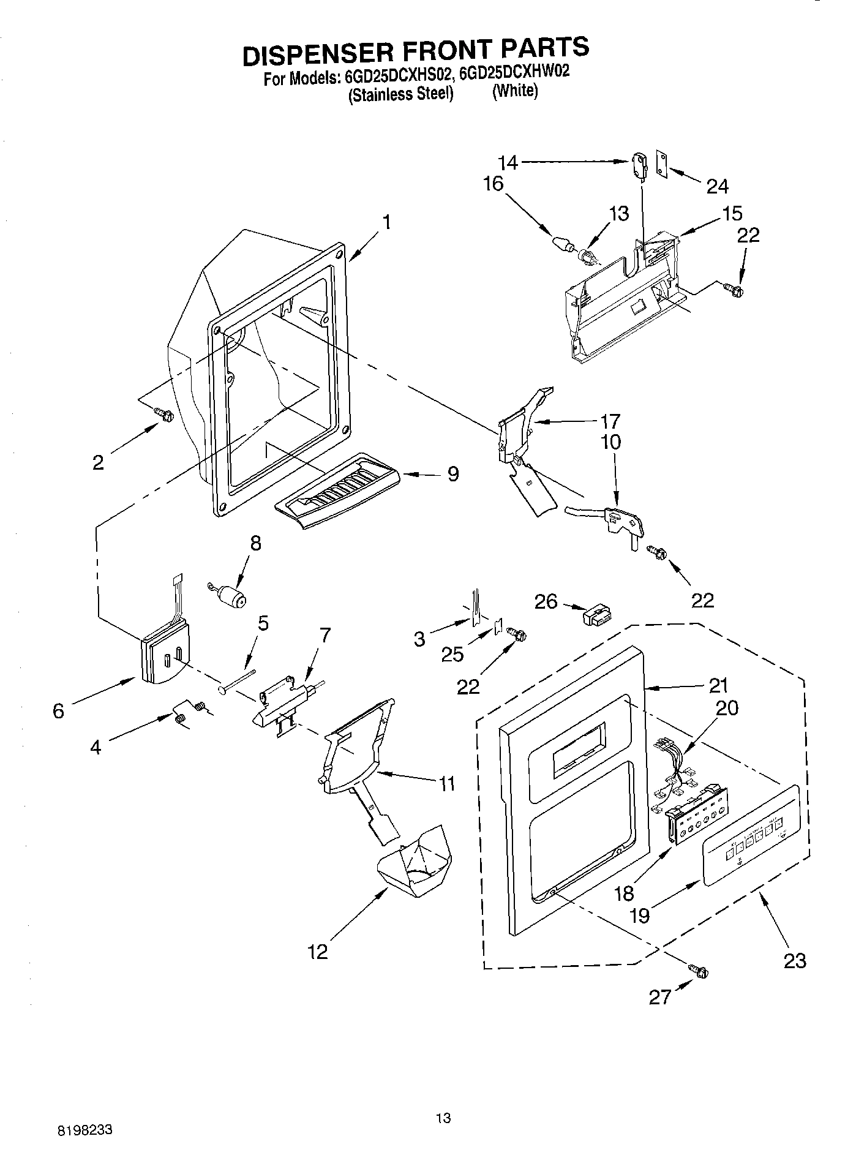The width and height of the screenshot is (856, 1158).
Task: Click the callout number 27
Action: (x=661, y=998)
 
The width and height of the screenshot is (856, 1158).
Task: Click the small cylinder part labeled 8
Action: (x=230, y=595)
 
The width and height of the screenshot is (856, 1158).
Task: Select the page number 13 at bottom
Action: (x=443, y=1118)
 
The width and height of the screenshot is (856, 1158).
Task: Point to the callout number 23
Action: (x=795, y=960)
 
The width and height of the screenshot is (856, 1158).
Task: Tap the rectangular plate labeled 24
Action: (x=662, y=164)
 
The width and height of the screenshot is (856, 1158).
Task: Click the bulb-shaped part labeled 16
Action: (x=563, y=244)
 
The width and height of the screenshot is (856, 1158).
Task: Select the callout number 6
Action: (x=58, y=711)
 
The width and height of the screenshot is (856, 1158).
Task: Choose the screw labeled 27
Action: (x=700, y=971)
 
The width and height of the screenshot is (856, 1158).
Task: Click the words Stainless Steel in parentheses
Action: (x=401, y=94)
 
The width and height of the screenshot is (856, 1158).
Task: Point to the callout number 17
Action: (x=610, y=421)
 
